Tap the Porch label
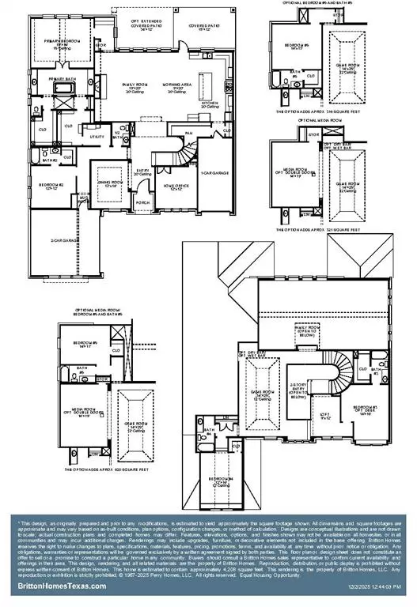point(143,202)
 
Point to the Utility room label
point(97,136)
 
